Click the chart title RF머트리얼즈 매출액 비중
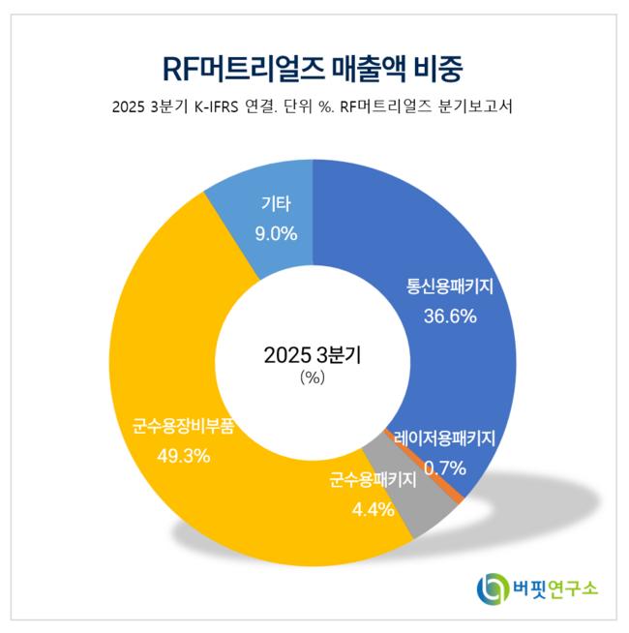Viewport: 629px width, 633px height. (x=314, y=69)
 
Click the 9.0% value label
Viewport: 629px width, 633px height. (x=276, y=233)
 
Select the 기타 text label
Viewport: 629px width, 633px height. (x=276, y=204)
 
